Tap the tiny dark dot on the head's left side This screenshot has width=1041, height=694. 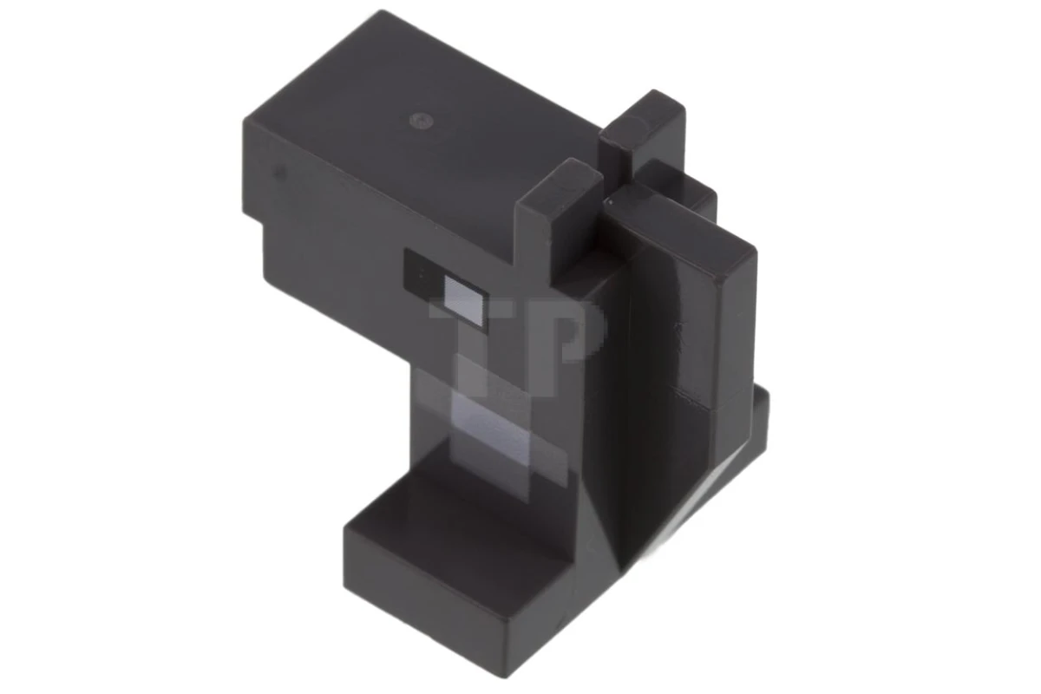click(x=278, y=172)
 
